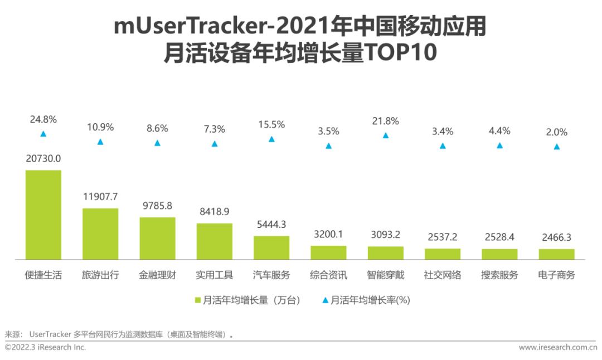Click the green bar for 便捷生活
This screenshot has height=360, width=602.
pos(43,215)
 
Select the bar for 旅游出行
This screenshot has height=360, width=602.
pos(100,233)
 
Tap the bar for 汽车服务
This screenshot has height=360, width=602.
pos(271,247)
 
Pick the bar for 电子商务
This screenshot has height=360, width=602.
pos(556,254)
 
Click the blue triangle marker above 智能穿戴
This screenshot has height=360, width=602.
pos(386,135)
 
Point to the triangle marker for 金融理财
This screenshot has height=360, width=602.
pos(157,143)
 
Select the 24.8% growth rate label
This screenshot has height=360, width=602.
pos(43,119)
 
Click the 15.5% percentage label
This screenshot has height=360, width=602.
pos(271,125)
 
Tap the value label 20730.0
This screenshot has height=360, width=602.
pos(43,158)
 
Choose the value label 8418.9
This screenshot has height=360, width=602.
pos(214,212)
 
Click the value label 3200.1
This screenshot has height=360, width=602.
pos(328,234)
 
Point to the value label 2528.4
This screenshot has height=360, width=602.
pos(499,237)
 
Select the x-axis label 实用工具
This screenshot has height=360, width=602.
pos(214,275)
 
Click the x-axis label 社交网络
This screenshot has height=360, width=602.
pos(443,275)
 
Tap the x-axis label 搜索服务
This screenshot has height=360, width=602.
pos(499,275)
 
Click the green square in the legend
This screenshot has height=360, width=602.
pos(197,300)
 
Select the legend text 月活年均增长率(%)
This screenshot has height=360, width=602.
pos(370,300)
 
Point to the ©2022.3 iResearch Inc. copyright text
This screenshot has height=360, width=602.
pos(46,348)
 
